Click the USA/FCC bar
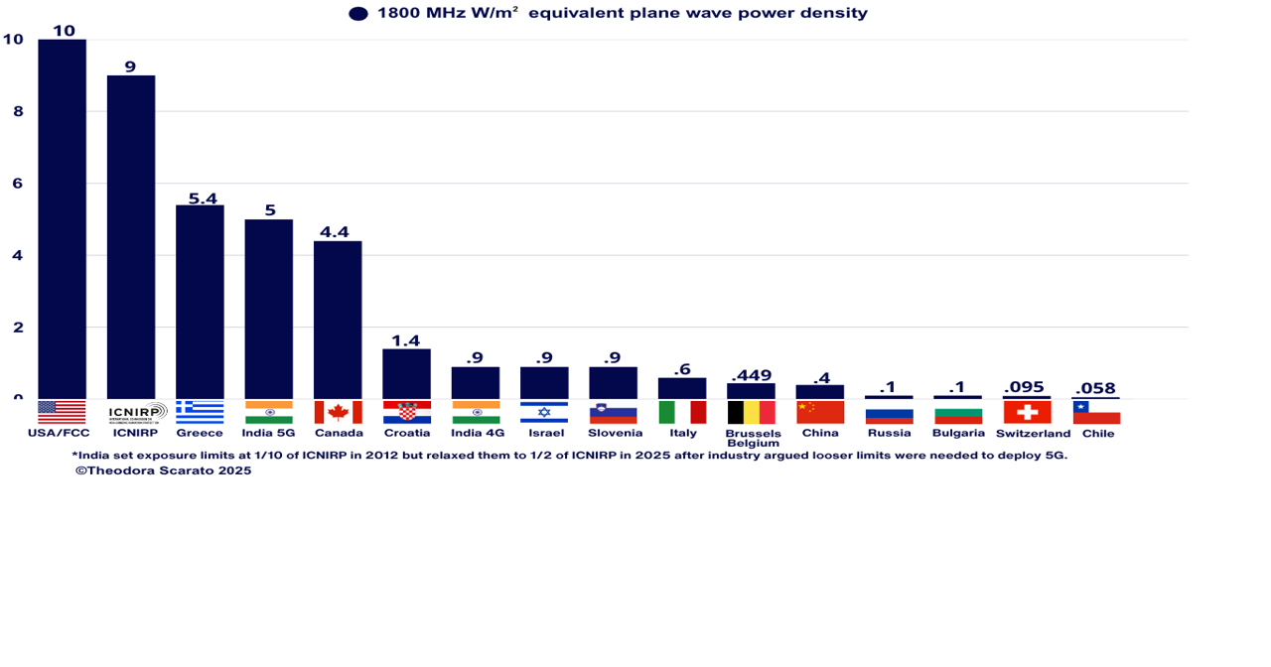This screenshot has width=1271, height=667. pos(62,218)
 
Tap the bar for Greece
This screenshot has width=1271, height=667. pos(200,302)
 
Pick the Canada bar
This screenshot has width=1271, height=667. pos(338,320)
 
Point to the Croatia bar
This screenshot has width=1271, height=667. pos(406,373)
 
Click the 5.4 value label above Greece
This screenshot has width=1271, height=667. pos(203,199)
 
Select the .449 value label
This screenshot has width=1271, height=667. pos(751,375)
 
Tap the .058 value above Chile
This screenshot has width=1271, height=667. pos(1095,388)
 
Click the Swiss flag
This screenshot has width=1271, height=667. pos(1027,412)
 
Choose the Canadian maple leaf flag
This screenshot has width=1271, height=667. pos(338,412)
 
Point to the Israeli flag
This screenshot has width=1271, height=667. pos(544,412)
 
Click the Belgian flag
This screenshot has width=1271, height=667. pos(751,412)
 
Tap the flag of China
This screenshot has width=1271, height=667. pos(819,412)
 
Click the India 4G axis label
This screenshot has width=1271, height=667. pos(478,433)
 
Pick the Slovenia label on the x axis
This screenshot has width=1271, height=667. pos(615,433)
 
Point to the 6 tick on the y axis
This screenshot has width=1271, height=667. pos(18,184)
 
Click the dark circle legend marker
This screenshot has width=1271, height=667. pos(358,14)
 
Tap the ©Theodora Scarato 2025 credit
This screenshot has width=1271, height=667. pos(164,470)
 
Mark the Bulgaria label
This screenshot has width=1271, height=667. pos(958,433)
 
